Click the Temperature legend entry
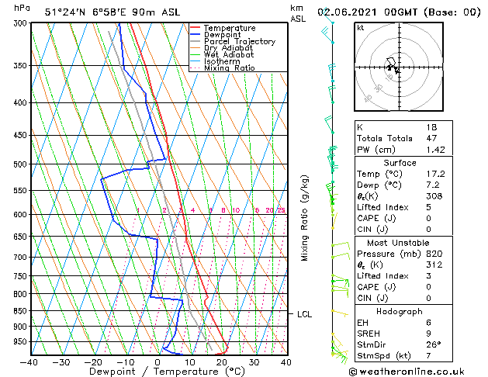pyautogui.click(x=230, y=28)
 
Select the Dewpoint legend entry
pyautogui.click(x=225, y=35)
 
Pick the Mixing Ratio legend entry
pyautogui.click(x=229, y=68)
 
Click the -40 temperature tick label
pyautogui.click(x=29, y=362)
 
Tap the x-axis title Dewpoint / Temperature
pyautogui.click(x=157, y=372)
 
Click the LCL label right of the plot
pyautogui.click(x=304, y=314)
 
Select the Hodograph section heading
pyautogui.click(x=400, y=311)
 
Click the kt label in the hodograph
pyautogui.click(x=361, y=28)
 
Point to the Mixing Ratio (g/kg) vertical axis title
pyautogui.click(x=305, y=218)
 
